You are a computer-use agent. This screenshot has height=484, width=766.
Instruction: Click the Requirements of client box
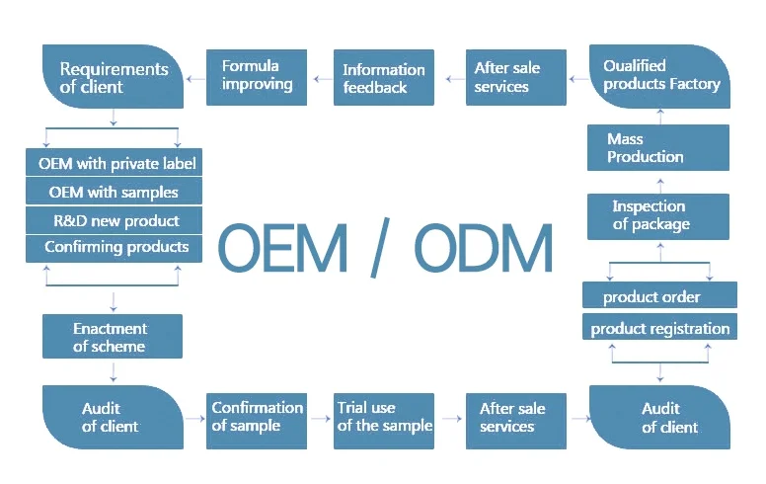click(x=113, y=77)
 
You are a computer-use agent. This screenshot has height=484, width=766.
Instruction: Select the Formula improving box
click(x=257, y=77)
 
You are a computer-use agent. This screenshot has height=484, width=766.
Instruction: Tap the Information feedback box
click(x=384, y=77)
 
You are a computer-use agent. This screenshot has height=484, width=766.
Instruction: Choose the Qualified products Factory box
click(x=660, y=77)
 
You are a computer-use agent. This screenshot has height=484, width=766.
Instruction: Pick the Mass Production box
click(x=658, y=147)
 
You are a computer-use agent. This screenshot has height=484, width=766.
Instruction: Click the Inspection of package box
click(x=658, y=216)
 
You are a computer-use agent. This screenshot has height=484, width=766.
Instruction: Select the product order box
click(x=659, y=294)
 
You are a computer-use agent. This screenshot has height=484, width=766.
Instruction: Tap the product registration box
click(x=659, y=327)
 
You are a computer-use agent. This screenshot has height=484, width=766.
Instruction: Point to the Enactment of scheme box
click(x=113, y=337)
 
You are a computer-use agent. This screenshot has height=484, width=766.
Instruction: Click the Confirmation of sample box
click(x=257, y=421)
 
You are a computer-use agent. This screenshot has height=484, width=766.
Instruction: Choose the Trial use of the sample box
click(x=384, y=421)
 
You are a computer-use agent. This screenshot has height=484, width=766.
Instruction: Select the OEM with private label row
click(x=114, y=162)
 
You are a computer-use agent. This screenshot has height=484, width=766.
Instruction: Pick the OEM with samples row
click(x=114, y=192)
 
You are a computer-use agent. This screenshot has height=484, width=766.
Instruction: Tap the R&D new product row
click(x=114, y=220)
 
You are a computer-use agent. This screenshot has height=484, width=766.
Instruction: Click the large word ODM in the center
click(x=484, y=248)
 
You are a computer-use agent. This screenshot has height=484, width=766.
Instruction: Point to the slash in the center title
click(x=380, y=248)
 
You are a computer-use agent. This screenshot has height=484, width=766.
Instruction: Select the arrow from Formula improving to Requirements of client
click(x=195, y=79)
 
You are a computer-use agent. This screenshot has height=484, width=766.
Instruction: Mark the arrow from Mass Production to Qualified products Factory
click(x=660, y=117)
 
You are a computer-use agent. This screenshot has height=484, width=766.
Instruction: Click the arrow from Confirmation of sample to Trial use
click(x=321, y=419)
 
